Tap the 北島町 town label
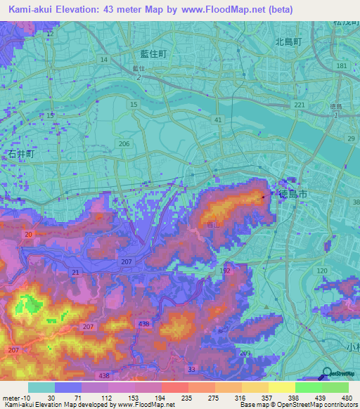pyautogui.click(x=288, y=42)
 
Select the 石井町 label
pyautogui.click(x=21, y=152)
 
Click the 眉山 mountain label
pyautogui.click(x=214, y=224)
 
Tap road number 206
pyautogui.click(x=124, y=144)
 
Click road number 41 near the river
pyautogui.click(x=218, y=120)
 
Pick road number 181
pyautogui.click(x=342, y=66)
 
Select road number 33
pyautogui.click(x=191, y=369)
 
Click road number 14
pyautogui.click(x=104, y=60)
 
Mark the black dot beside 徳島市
pyautogui.click(x=264, y=197)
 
